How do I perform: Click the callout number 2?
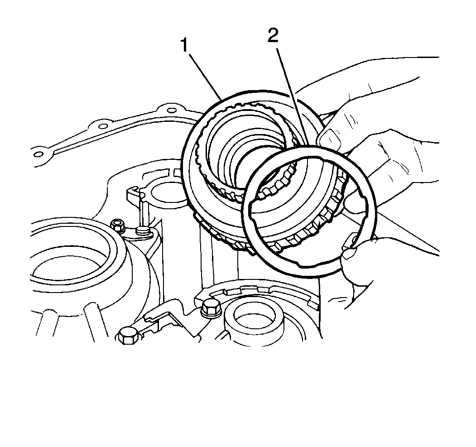pos(272,36)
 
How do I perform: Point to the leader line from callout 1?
pos(205,76)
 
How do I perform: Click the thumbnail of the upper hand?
pos(329,137)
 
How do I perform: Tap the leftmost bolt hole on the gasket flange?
pos(38,154)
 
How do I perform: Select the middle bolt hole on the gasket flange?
pos(103,126)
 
